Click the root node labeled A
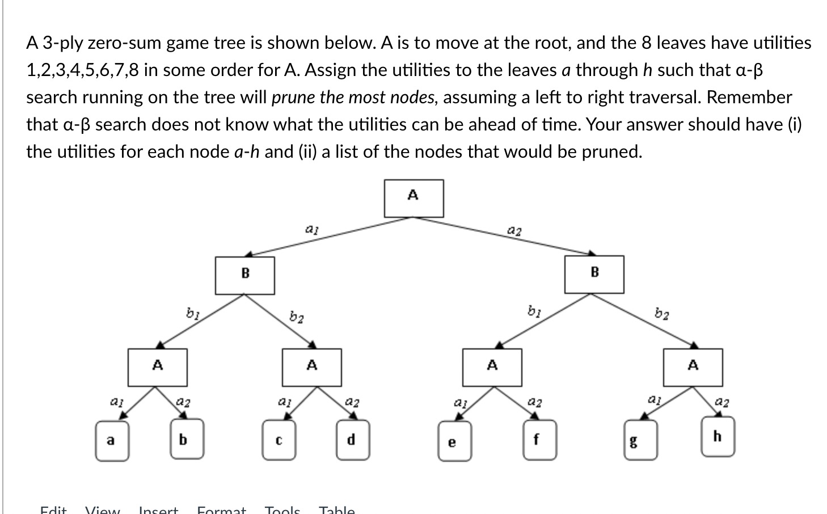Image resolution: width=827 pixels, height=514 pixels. tap(413, 198)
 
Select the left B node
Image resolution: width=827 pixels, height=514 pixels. tap(245, 275)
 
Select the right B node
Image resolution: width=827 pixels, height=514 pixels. tap(594, 274)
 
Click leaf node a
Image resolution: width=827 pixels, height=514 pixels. tap(111, 440)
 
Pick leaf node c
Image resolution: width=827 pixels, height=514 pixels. tap(279, 440)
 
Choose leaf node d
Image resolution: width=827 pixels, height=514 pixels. tap(352, 440)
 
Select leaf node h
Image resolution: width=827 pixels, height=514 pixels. tap(718, 436)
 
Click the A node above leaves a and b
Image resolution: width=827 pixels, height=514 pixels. tap(158, 367)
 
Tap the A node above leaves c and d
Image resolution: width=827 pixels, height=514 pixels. tap(312, 367)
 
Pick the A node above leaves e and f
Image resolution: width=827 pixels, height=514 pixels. tap(492, 367)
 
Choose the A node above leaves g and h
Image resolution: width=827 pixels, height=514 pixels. tap(693, 367)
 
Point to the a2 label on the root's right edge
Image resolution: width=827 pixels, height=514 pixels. tap(514, 230)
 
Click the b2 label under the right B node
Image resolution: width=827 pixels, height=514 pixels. tap(661, 313)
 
